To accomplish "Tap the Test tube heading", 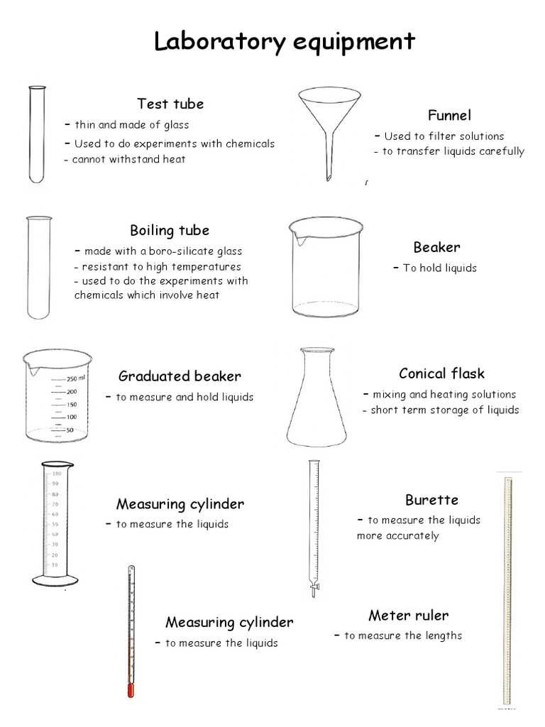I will [x=170, y=104].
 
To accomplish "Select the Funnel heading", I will [x=449, y=116].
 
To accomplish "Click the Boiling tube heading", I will [x=170, y=230].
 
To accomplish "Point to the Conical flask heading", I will [x=441, y=373].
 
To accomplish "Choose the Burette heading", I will [x=431, y=500].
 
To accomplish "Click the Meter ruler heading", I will [x=408, y=615].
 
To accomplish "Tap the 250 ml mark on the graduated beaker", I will [x=76, y=378].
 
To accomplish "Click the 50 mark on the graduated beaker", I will [x=70, y=430].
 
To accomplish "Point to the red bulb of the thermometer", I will [x=131, y=690].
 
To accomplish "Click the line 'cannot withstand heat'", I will [x=128, y=159].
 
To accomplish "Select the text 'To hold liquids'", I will [x=439, y=268].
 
